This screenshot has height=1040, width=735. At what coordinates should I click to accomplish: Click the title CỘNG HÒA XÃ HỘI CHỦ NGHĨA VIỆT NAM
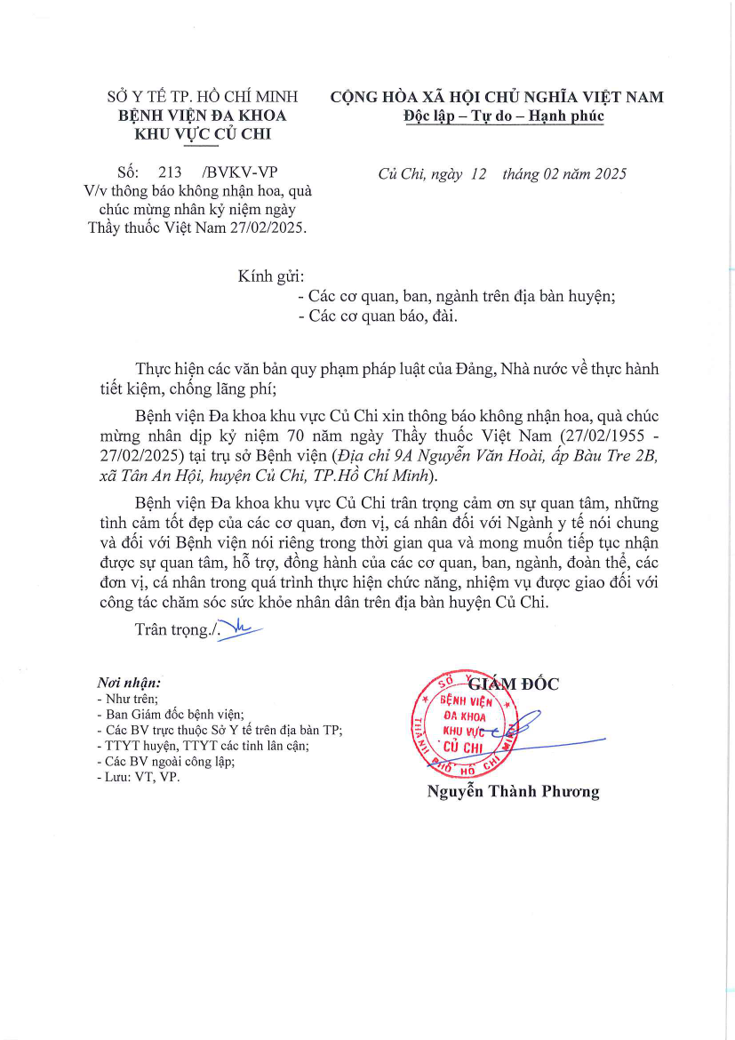497,97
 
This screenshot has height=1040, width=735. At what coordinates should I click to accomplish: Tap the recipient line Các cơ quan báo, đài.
377,316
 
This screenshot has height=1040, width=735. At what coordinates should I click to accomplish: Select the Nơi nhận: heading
129,684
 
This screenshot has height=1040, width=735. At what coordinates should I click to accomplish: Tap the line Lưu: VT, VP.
138,777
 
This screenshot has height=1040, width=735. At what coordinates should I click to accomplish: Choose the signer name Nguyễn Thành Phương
513,791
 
